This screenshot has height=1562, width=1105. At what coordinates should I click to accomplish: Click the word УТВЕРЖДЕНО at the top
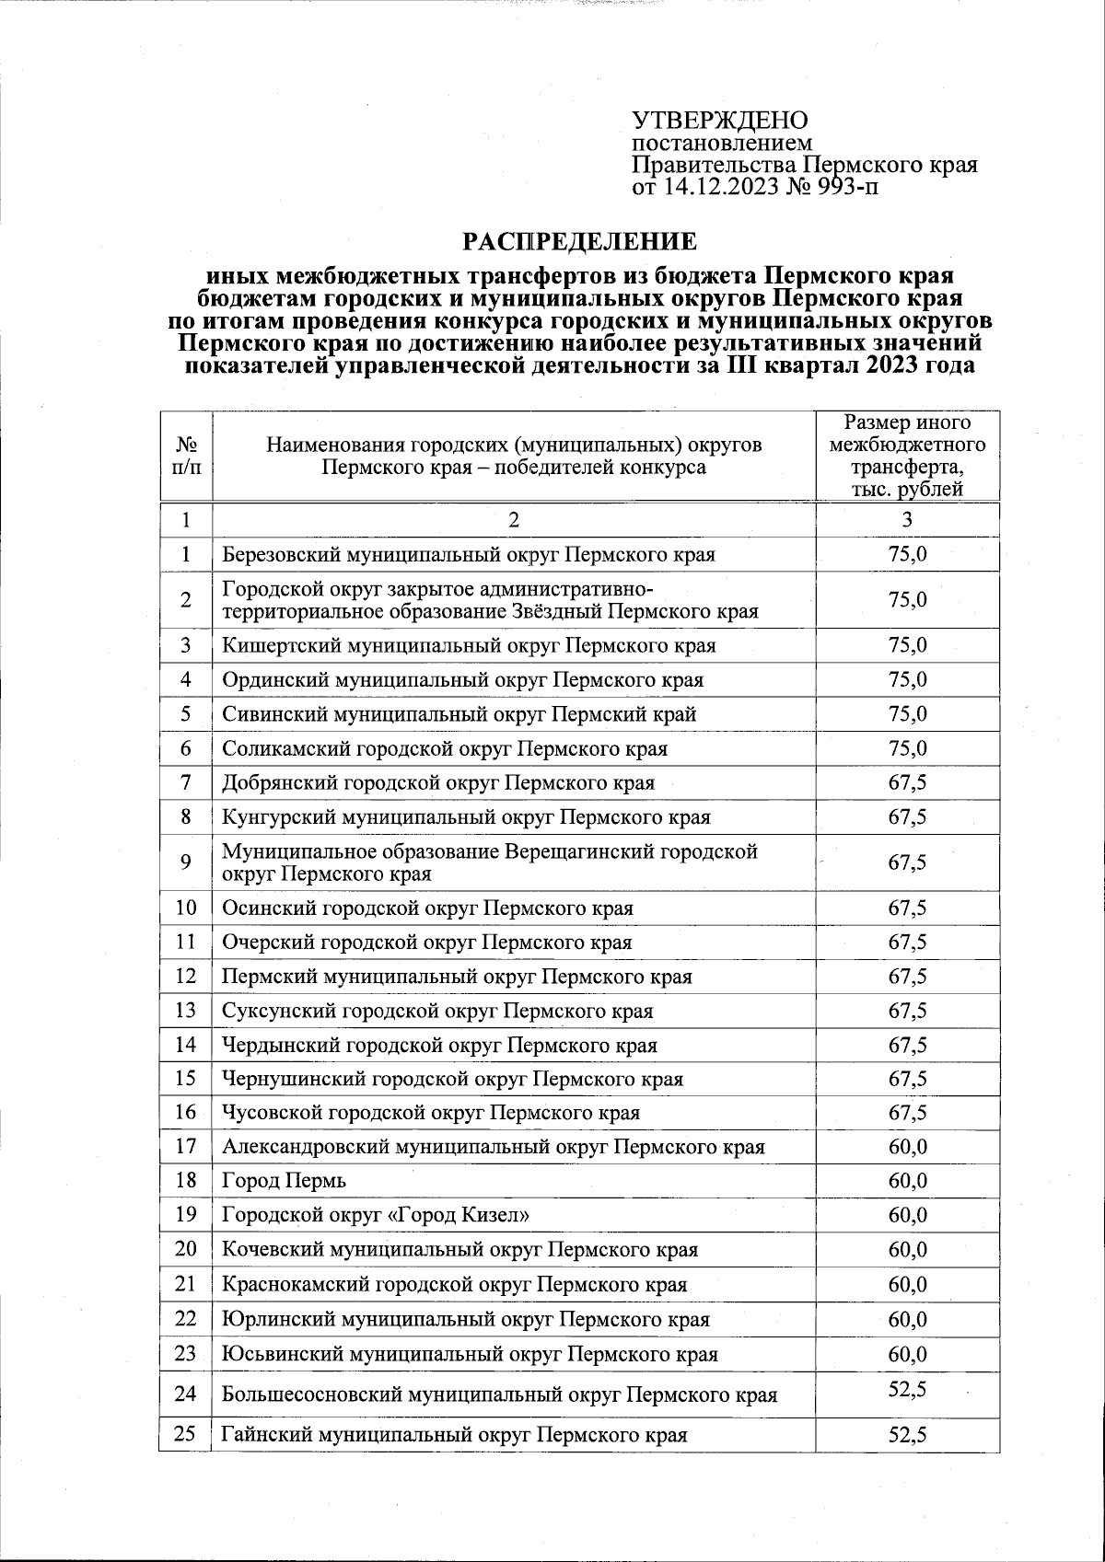tap(719, 121)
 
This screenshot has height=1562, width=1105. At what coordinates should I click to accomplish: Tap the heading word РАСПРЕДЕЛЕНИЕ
tap(579, 242)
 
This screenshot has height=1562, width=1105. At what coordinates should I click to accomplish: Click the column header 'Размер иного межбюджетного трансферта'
tap(907, 456)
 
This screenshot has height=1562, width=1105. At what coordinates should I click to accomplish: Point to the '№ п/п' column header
tap(185, 456)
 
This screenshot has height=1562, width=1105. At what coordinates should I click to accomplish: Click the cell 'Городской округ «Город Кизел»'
tap(376, 1215)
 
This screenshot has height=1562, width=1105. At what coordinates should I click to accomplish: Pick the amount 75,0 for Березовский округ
tap(907, 554)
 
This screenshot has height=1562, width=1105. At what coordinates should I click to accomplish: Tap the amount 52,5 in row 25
tap(907, 1435)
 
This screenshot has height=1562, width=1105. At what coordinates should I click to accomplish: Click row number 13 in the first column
tap(185, 1011)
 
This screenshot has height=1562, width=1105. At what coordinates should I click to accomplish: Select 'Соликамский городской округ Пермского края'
tap(445, 748)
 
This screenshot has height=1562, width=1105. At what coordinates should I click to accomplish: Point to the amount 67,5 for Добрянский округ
tap(907, 783)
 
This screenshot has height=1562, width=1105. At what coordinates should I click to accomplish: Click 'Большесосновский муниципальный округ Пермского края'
tap(499, 1394)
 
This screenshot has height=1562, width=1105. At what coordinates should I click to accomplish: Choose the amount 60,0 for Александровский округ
tap(907, 1147)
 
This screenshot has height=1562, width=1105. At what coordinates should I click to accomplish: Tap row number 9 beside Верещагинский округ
tap(185, 862)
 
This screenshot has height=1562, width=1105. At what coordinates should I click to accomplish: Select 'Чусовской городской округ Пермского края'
tap(431, 1113)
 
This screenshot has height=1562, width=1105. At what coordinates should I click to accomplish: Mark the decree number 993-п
tap(848, 189)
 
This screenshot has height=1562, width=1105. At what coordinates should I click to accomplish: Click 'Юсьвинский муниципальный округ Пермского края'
tap(470, 1354)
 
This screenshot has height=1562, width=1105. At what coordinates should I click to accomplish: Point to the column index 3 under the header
tap(907, 520)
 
